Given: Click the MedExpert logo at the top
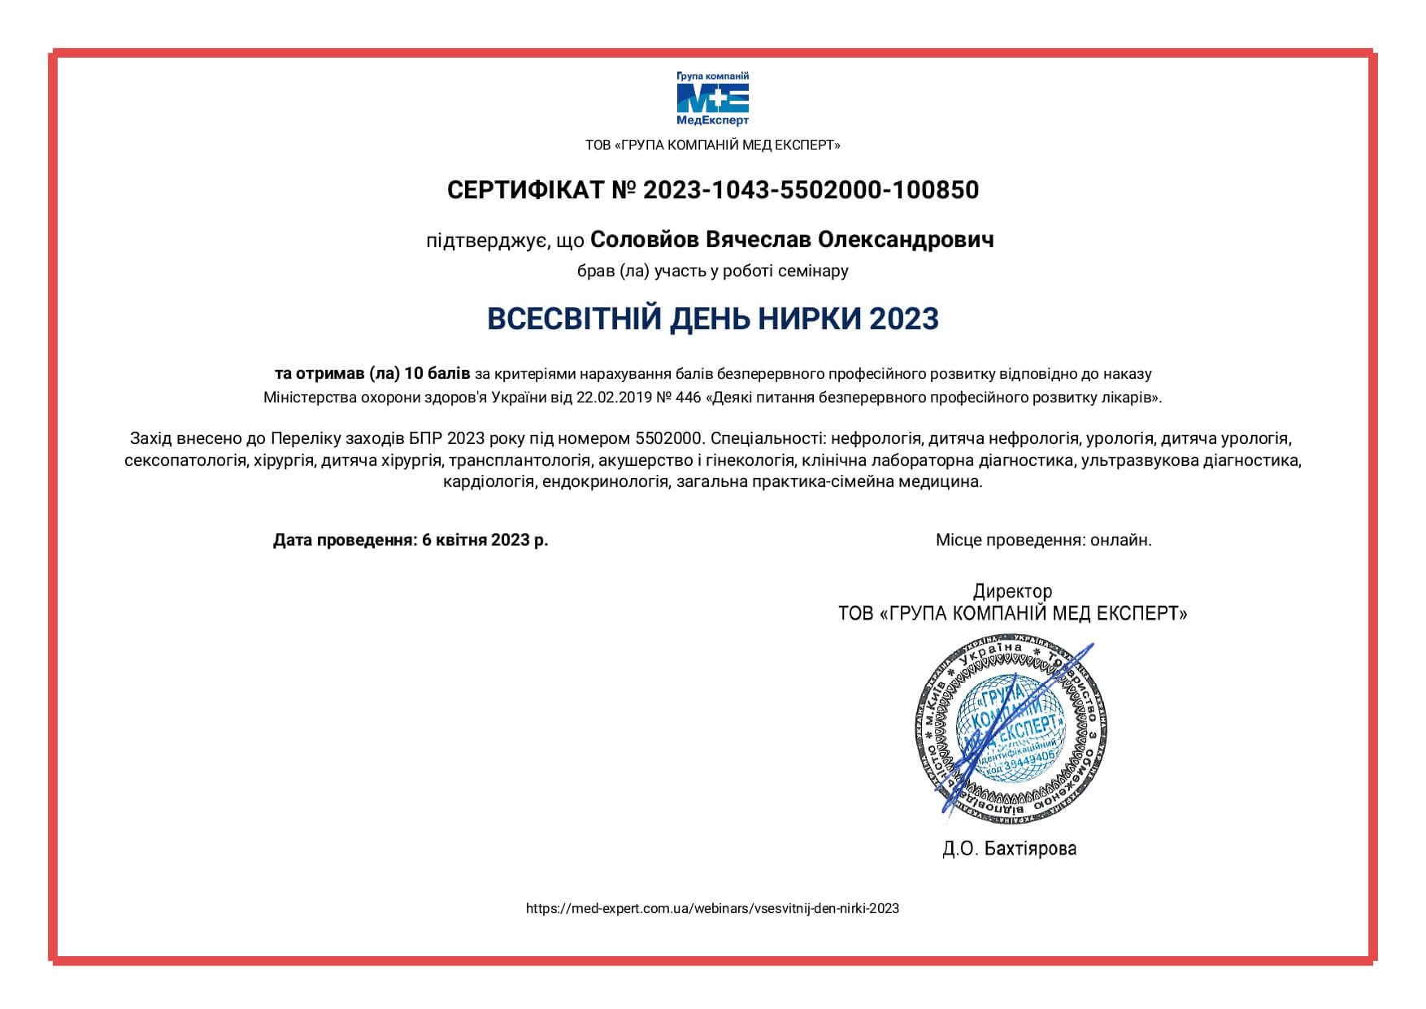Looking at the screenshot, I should (713, 99).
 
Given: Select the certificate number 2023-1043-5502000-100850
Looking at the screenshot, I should (811, 190).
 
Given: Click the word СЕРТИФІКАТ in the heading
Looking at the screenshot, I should (525, 190).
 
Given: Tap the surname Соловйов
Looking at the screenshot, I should (644, 240).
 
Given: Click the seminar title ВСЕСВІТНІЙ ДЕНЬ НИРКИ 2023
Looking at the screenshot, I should (713, 319).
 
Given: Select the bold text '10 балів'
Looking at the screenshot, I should (437, 373).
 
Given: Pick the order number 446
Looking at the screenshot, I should (688, 398).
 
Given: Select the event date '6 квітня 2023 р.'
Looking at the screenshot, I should (485, 540).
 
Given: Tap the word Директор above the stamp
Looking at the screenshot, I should (1012, 591).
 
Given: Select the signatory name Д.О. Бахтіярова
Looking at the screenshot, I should (1010, 849).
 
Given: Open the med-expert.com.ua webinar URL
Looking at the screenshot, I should (712, 908).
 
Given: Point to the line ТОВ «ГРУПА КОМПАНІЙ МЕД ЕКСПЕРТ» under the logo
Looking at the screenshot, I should (712, 145).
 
